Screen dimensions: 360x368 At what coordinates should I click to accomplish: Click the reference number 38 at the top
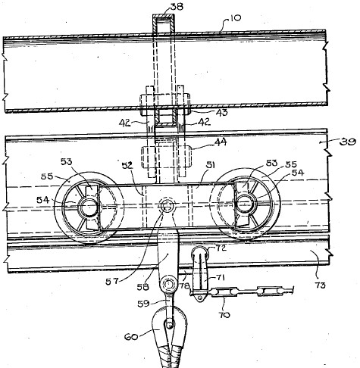[x=177, y=7]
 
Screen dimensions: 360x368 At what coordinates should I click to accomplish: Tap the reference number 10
[x=236, y=18]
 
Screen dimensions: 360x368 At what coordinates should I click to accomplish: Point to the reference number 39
[x=348, y=142]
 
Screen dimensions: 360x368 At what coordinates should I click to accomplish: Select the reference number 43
[x=221, y=112]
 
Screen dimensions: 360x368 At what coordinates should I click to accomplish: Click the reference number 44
[x=221, y=142]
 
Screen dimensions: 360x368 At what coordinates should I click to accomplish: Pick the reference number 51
[x=210, y=165]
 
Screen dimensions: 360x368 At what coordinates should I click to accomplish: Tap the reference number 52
[x=127, y=166]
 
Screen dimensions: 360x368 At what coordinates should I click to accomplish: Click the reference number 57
[x=112, y=281]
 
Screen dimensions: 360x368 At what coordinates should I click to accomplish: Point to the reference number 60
[x=131, y=336]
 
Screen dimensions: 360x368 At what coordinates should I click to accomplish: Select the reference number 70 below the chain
[x=225, y=315]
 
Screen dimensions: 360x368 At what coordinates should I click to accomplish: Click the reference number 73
[x=320, y=285]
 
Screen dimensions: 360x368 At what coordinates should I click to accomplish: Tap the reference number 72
[x=221, y=248]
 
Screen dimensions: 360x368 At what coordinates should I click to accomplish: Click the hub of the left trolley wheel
[x=89, y=206]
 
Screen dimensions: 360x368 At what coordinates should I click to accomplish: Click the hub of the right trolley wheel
[x=245, y=204]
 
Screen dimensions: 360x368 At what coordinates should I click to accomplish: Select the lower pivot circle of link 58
[x=168, y=285]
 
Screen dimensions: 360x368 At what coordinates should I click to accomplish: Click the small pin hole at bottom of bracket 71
[x=200, y=298]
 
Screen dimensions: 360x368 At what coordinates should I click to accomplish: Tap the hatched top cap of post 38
[x=164, y=17]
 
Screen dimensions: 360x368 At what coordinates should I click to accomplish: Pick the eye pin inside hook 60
[x=170, y=325]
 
